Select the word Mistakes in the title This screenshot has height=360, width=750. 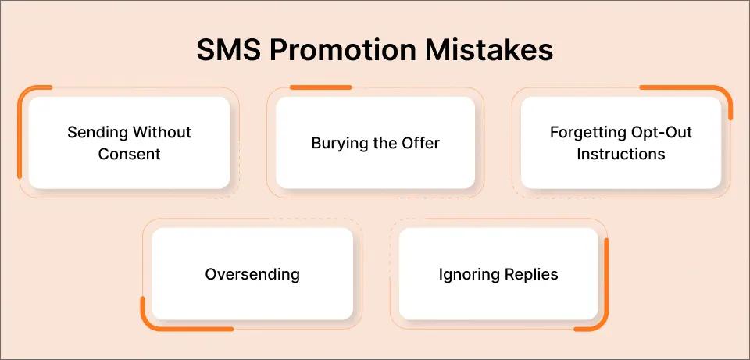point(495,50)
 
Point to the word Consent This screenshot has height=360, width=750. point(130,154)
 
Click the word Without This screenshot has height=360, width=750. point(162,132)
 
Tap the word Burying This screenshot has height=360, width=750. point(339,144)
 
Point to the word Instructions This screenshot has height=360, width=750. point(621,154)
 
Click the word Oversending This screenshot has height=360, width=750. point(252,274)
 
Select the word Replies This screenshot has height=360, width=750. point(533,275)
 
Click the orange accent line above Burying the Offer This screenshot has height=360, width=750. point(320,87)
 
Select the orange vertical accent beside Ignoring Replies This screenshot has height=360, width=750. point(606,281)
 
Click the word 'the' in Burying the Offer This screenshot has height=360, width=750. point(384,143)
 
